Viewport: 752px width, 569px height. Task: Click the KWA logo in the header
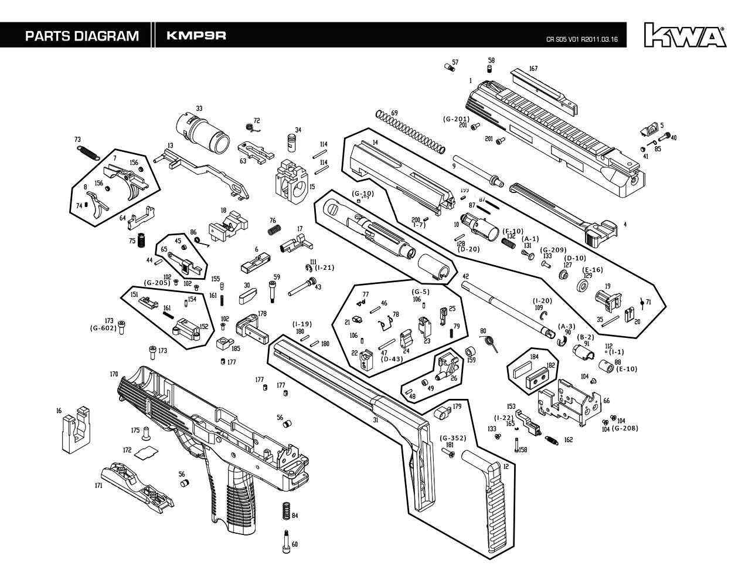tap(685, 35)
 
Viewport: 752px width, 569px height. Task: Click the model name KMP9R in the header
tap(196, 35)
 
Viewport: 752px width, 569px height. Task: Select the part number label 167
tap(533, 69)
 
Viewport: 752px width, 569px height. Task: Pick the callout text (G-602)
tap(103, 328)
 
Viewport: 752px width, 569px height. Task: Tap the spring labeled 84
tap(285, 510)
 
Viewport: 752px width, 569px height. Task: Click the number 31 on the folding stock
tap(375, 421)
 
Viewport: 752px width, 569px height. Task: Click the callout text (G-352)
tap(453, 438)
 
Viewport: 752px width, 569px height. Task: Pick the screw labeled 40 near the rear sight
tap(664, 137)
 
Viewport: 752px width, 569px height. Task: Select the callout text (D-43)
tap(392, 359)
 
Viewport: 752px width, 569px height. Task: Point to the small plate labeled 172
tap(145, 451)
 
